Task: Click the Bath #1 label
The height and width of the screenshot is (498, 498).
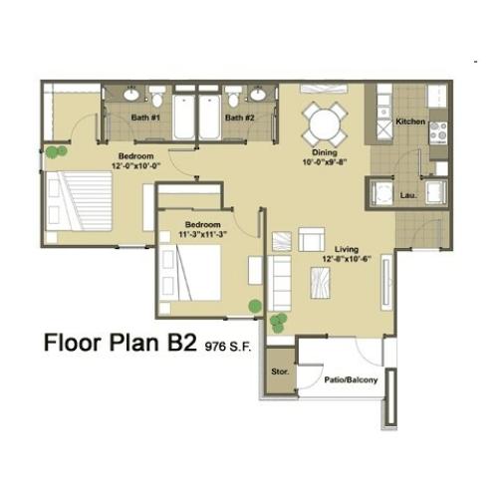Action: tap(145, 118)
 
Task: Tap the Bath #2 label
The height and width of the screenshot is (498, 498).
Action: tap(239, 118)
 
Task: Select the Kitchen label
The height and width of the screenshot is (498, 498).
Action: tap(410, 122)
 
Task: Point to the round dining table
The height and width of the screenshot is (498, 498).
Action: tap(325, 125)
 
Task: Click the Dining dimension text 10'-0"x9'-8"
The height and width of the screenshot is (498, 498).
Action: tap(325, 162)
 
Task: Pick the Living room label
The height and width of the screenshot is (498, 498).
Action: tap(347, 249)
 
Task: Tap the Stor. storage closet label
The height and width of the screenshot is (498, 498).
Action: tap(280, 372)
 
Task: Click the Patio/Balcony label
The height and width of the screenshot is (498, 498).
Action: tap(351, 379)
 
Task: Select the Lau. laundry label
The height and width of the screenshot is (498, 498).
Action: tap(408, 195)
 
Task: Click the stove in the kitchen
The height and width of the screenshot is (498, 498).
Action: tap(438, 132)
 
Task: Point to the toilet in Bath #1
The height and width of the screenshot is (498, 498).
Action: tap(156, 96)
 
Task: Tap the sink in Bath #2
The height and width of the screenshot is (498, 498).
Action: tap(258, 95)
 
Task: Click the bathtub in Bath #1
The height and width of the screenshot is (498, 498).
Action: tap(183, 118)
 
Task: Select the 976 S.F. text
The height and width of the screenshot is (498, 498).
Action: tap(228, 347)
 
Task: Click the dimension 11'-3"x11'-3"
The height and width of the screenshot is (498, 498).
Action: tap(202, 234)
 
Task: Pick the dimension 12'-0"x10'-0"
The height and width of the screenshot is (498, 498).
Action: tap(136, 165)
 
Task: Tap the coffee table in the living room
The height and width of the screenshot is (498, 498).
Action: tap(320, 283)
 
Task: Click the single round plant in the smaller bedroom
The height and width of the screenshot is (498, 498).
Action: tap(255, 306)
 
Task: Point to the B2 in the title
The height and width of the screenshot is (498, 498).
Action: tap(182, 343)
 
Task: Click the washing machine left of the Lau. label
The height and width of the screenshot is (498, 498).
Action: tap(381, 192)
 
